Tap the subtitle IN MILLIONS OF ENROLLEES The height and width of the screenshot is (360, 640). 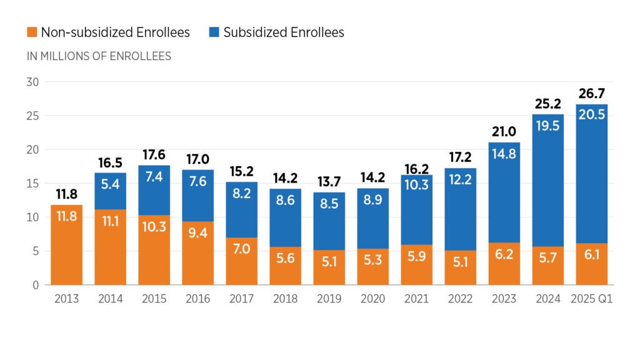[99, 56]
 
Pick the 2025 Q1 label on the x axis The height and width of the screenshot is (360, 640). [592, 298]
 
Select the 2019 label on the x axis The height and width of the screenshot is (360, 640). [329, 298]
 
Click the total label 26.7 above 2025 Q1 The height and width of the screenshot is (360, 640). [592, 94]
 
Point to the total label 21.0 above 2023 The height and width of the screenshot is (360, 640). [504, 132]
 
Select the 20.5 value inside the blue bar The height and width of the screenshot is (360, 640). [592, 114]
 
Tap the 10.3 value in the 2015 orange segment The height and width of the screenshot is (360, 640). [154, 226]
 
